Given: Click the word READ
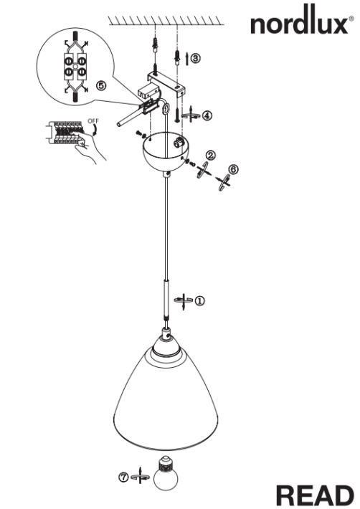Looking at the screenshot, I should (x=315, y=495).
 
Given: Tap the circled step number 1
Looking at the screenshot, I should (x=199, y=301).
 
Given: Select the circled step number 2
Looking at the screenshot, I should (x=210, y=155).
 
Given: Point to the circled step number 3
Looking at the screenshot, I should (x=196, y=58).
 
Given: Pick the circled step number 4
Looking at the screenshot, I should (x=207, y=115).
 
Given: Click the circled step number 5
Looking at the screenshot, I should (x=101, y=85).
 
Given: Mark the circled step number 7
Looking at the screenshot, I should (x=124, y=475).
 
